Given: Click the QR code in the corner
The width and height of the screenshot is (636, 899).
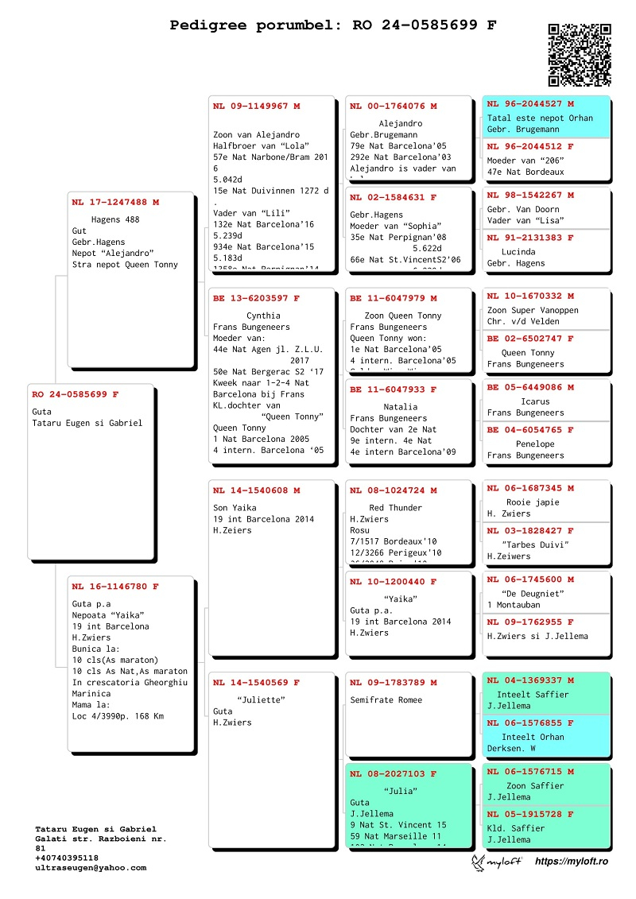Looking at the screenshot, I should pos(580,55).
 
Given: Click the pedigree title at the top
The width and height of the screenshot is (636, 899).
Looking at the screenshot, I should pos(333,25).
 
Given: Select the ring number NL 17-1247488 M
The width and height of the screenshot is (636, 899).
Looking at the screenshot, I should pos(115,203).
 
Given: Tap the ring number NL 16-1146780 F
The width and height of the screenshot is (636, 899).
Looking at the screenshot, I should pos(115,587).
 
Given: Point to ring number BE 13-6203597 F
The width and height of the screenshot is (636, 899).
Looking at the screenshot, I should pos(256,299).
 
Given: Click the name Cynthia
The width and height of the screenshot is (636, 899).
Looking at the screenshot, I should pos(264,316).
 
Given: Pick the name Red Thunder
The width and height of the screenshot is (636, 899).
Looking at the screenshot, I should pos(396,508).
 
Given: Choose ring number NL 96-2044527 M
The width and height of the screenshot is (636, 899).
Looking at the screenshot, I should pos(530,104).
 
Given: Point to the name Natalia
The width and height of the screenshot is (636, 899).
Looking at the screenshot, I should pos(400,407).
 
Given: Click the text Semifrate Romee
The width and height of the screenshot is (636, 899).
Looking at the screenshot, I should pos(386,700).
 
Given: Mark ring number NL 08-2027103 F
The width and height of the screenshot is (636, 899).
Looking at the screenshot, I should pos(394,773).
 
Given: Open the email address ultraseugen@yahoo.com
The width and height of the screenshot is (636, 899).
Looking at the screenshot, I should pos(91,868).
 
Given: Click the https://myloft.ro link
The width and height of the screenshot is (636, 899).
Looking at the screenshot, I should pos(571,862).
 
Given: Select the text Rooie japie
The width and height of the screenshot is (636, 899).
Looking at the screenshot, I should pos(533,502).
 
